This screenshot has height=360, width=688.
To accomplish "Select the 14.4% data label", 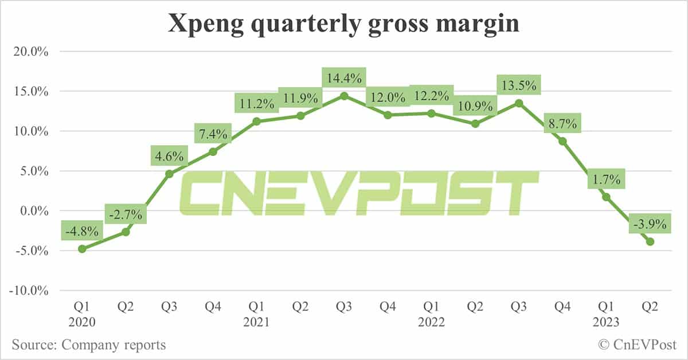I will coord(344,77).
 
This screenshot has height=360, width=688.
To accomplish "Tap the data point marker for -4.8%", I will coord(82,249).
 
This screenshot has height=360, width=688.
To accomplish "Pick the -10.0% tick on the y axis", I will coord(29,291).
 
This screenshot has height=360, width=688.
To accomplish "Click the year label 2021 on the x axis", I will coord(256,322).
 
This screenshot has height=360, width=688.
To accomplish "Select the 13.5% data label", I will coord(519,86).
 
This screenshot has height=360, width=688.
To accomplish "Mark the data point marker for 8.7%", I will coord(563,141).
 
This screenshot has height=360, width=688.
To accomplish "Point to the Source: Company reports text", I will coord(88,345).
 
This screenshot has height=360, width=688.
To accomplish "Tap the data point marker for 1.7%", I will coord(607,197).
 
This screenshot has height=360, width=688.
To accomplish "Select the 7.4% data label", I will coord(213,135).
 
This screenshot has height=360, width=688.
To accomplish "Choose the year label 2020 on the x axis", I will coord(81,322).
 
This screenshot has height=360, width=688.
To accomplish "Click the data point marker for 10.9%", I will coord(475,124).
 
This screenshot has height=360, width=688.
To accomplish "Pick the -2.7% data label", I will coord(126,215).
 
